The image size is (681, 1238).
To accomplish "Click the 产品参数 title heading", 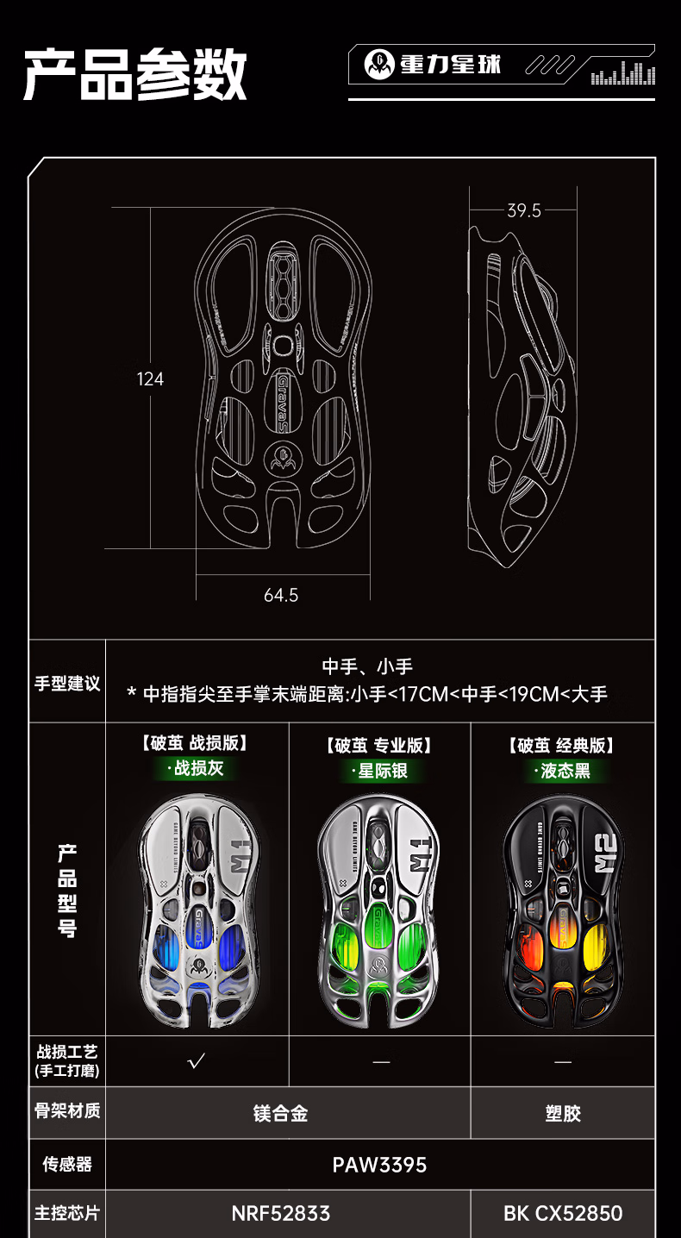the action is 135,76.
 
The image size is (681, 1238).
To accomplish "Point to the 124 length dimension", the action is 150,379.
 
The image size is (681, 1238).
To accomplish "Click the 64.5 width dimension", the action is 281,595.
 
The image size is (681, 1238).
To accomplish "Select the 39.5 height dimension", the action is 524,210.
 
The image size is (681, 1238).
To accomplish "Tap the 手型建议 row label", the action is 67,684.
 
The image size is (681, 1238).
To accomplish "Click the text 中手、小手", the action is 367,666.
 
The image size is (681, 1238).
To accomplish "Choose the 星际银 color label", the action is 383,771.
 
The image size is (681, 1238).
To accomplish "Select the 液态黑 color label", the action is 565,771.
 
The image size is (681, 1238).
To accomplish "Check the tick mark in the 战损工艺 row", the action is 197,1061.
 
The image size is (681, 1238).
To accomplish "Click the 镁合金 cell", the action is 281,1114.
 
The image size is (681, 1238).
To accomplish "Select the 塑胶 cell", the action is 563,1114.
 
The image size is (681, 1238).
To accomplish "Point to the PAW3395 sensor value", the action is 379,1165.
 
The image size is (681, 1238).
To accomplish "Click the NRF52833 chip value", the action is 281,1214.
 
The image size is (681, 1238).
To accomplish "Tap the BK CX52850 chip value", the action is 563,1214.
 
